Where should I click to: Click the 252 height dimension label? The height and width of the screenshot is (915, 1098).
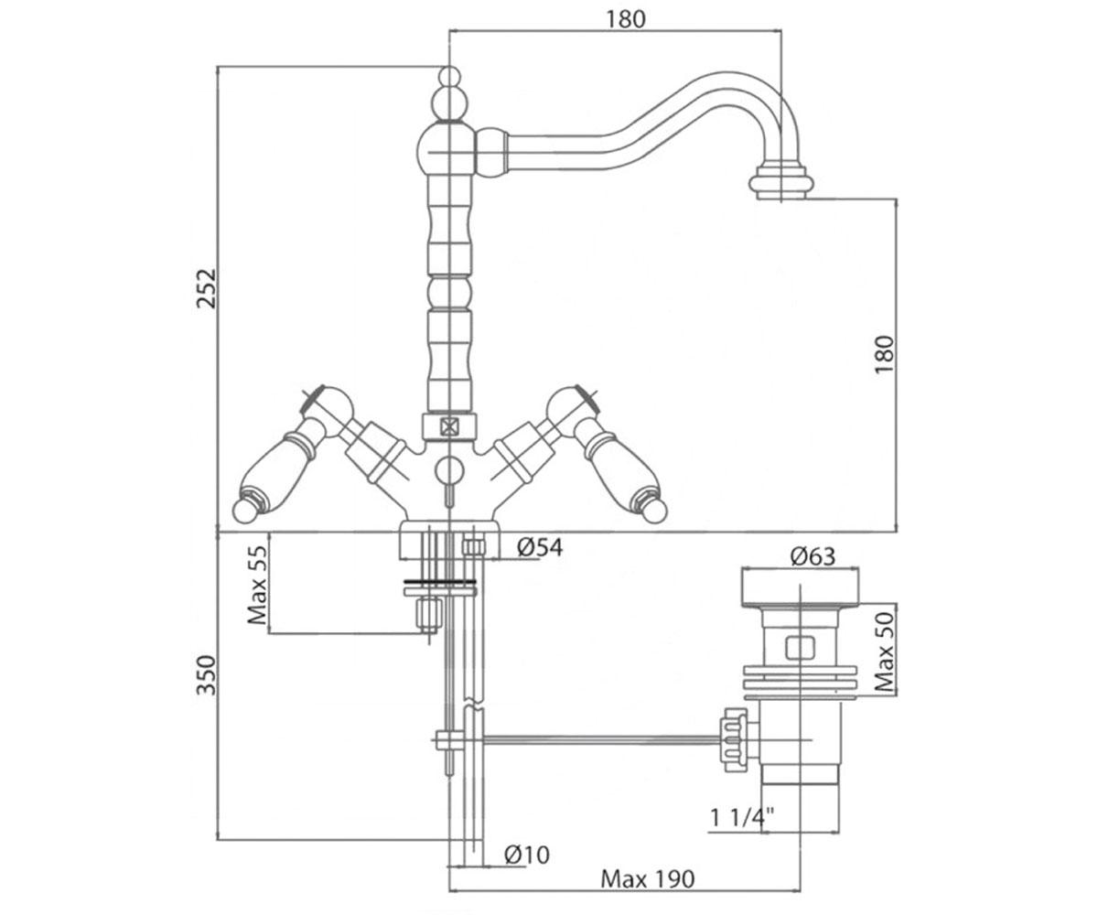coord(206,288)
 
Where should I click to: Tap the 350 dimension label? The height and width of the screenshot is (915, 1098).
coord(206,675)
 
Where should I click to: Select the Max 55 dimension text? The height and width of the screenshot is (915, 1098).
coord(257,586)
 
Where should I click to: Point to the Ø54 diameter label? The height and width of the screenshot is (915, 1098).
coord(540,547)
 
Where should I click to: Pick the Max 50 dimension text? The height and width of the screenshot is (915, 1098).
coord(885,651)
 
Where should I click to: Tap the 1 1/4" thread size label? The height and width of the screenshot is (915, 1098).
coord(742,817)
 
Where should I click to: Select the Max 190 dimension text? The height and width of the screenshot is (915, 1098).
coord(647,878)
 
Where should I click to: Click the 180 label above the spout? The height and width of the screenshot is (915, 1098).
coord(626,19)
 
